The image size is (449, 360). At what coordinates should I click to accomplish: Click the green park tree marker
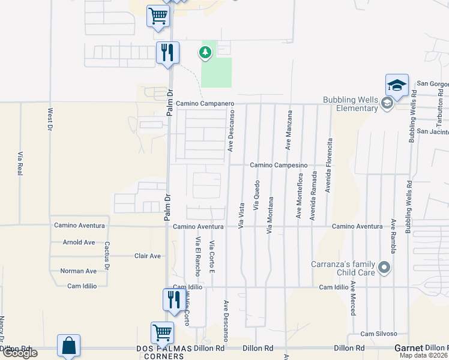(205, 53)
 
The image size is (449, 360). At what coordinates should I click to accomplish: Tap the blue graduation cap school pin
(397, 86)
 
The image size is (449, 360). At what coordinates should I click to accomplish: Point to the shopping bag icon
(68, 346)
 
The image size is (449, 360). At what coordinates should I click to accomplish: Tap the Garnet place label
(409, 348)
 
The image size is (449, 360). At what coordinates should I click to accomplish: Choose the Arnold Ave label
(79, 242)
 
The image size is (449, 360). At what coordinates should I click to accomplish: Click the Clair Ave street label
(148, 256)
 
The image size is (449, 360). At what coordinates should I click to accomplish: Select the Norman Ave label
(78, 271)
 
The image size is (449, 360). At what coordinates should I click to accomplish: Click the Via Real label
(20, 163)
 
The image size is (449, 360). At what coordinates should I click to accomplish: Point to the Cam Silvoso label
(379, 334)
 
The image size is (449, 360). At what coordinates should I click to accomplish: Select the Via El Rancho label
(197, 257)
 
